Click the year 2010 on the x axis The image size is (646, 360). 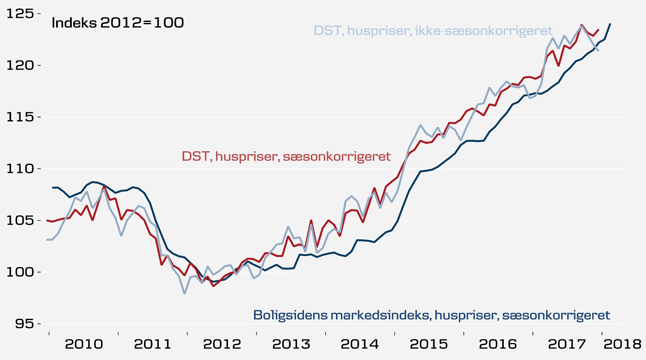click(84, 344)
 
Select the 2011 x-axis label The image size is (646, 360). click(153, 344)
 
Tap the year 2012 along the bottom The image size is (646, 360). click(222, 344)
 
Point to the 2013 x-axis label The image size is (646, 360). click(291, 344)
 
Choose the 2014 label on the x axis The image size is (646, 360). click(360, 344)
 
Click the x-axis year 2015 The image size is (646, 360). click(429, 344)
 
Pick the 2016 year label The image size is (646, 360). click(498, 344)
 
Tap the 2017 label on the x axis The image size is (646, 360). click(567, 344)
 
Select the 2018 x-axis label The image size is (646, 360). click(622, 344)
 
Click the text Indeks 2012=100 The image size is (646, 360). click(118, 23)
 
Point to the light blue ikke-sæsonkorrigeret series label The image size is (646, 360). click(433, 31)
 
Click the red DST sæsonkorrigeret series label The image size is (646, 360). click(286, 156)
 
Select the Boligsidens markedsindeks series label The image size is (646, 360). click(432, 315)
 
